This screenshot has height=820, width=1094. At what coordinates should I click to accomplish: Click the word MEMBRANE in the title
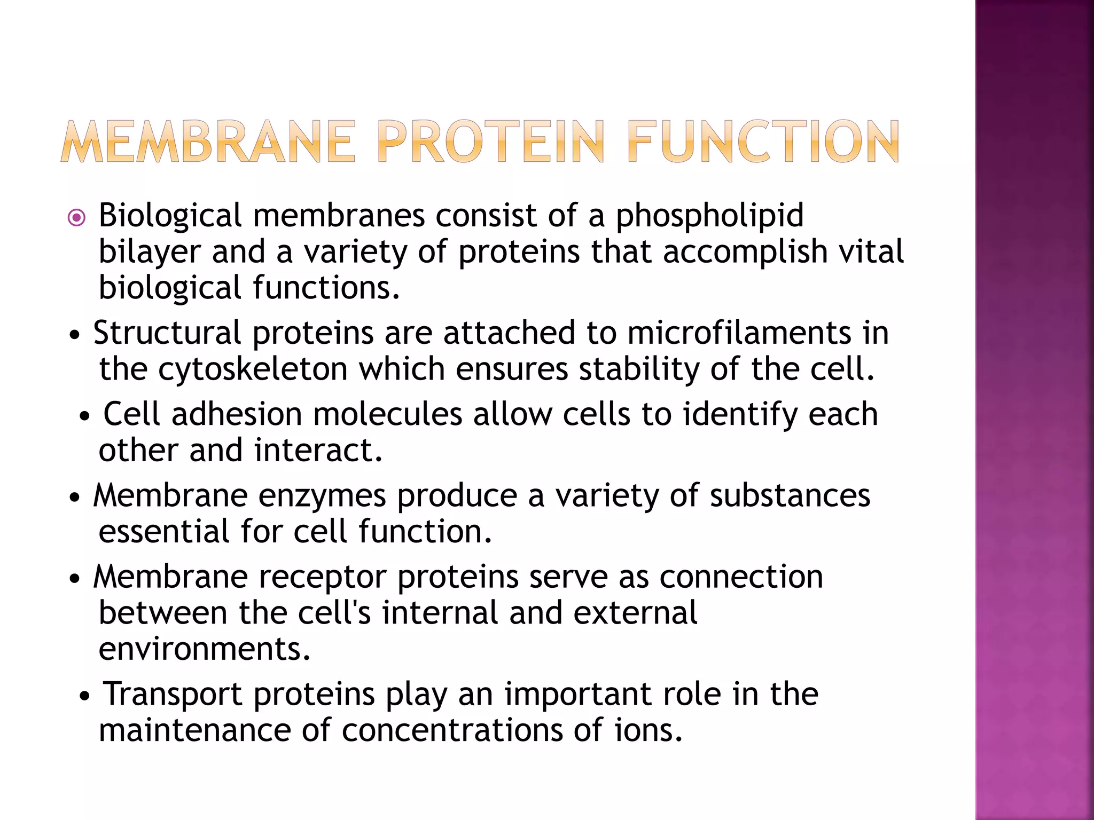208,141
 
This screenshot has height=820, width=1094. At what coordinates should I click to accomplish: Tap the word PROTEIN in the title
490,141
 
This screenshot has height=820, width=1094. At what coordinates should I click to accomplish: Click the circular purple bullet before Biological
77,218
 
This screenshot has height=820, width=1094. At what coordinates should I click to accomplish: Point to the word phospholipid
709,217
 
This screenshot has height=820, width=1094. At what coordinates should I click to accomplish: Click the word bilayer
150,253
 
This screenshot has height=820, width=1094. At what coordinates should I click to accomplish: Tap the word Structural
167,333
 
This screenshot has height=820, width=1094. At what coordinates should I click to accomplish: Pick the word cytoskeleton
253,369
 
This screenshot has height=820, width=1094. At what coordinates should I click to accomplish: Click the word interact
317,451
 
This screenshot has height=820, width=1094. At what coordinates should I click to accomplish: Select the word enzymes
322,496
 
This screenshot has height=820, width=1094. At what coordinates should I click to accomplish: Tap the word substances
790,496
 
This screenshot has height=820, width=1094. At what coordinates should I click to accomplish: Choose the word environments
204,650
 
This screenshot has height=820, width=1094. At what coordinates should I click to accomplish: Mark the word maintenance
194,731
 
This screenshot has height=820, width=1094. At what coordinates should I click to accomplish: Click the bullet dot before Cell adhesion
84,416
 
